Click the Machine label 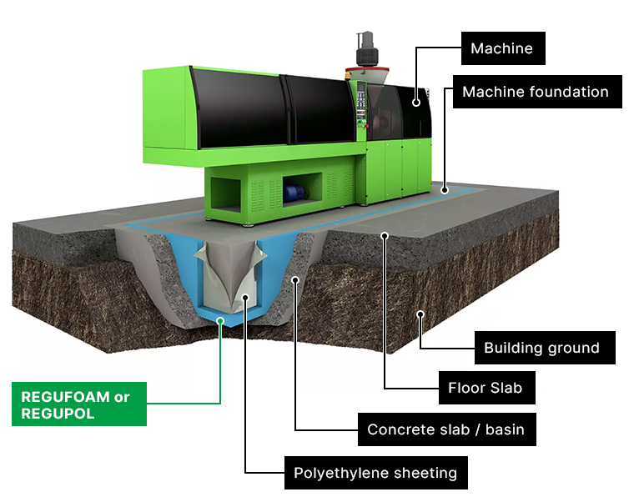click(x=501, y=48)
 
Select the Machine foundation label click(x=536, y=92)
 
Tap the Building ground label click(x=541, y=348)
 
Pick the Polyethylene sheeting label click(x=375, y=473)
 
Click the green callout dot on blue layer click(x=220, y=318)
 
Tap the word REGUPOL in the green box click(x=58, y=414)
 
